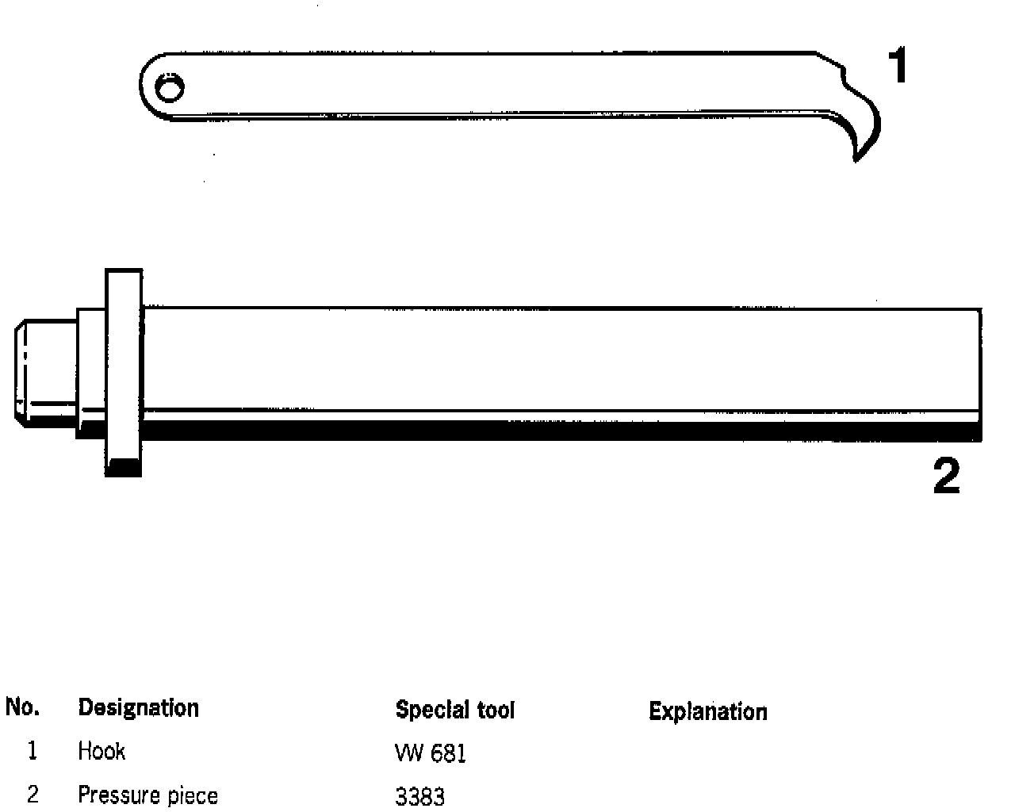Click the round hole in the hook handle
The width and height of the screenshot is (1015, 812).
[168, 88]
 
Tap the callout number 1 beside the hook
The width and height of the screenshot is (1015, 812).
[897, 66]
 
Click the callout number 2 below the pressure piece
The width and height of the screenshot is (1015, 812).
[946, 477]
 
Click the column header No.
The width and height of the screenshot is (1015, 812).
[22, 707]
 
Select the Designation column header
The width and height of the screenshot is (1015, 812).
[138, 707]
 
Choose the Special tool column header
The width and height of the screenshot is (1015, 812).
[454, 710]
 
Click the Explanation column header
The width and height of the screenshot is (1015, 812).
[707, 711]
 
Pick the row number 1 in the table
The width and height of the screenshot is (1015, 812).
[32, 751]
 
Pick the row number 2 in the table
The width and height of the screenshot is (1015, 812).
[33, 794]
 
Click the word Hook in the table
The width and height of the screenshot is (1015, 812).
[101, 751]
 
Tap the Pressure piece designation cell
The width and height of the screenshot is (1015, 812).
[147, 795]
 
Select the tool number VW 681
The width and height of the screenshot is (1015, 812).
[430, 753]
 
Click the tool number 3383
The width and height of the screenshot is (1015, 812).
[419, 796]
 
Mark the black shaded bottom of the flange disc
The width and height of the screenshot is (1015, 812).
[124, 467]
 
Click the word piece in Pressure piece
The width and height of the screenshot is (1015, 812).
[191, 796]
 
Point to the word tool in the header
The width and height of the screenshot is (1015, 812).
[495, 710]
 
